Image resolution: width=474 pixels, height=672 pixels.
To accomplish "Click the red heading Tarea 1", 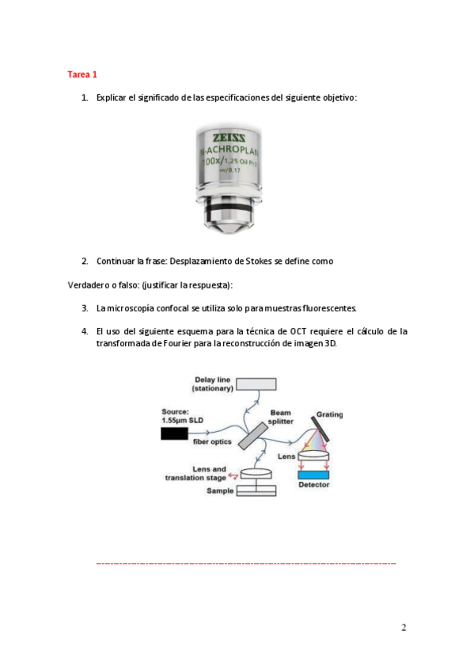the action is (82, 74).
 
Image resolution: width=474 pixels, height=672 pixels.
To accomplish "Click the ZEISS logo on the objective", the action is (229, 138).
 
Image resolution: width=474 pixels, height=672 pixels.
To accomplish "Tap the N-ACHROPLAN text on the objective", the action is (229, 150).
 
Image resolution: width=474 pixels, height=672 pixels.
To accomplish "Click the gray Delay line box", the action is (256, 384).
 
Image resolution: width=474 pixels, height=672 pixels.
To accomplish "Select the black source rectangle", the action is (174, 433).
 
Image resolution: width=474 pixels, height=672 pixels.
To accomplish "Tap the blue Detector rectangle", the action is (313, 475).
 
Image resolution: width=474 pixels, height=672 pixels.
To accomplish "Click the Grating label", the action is (329, 414).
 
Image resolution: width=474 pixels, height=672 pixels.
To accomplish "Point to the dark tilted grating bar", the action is (320, 429).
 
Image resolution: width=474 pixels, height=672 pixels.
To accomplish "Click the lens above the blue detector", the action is (313, 456).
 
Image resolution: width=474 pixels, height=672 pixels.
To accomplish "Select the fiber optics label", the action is (212, 441).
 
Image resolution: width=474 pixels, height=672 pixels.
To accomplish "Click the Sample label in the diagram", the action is (220, 491).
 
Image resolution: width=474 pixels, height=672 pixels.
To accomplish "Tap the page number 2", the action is (404, 628).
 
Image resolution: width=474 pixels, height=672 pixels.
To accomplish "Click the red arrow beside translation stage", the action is (233, 475).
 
